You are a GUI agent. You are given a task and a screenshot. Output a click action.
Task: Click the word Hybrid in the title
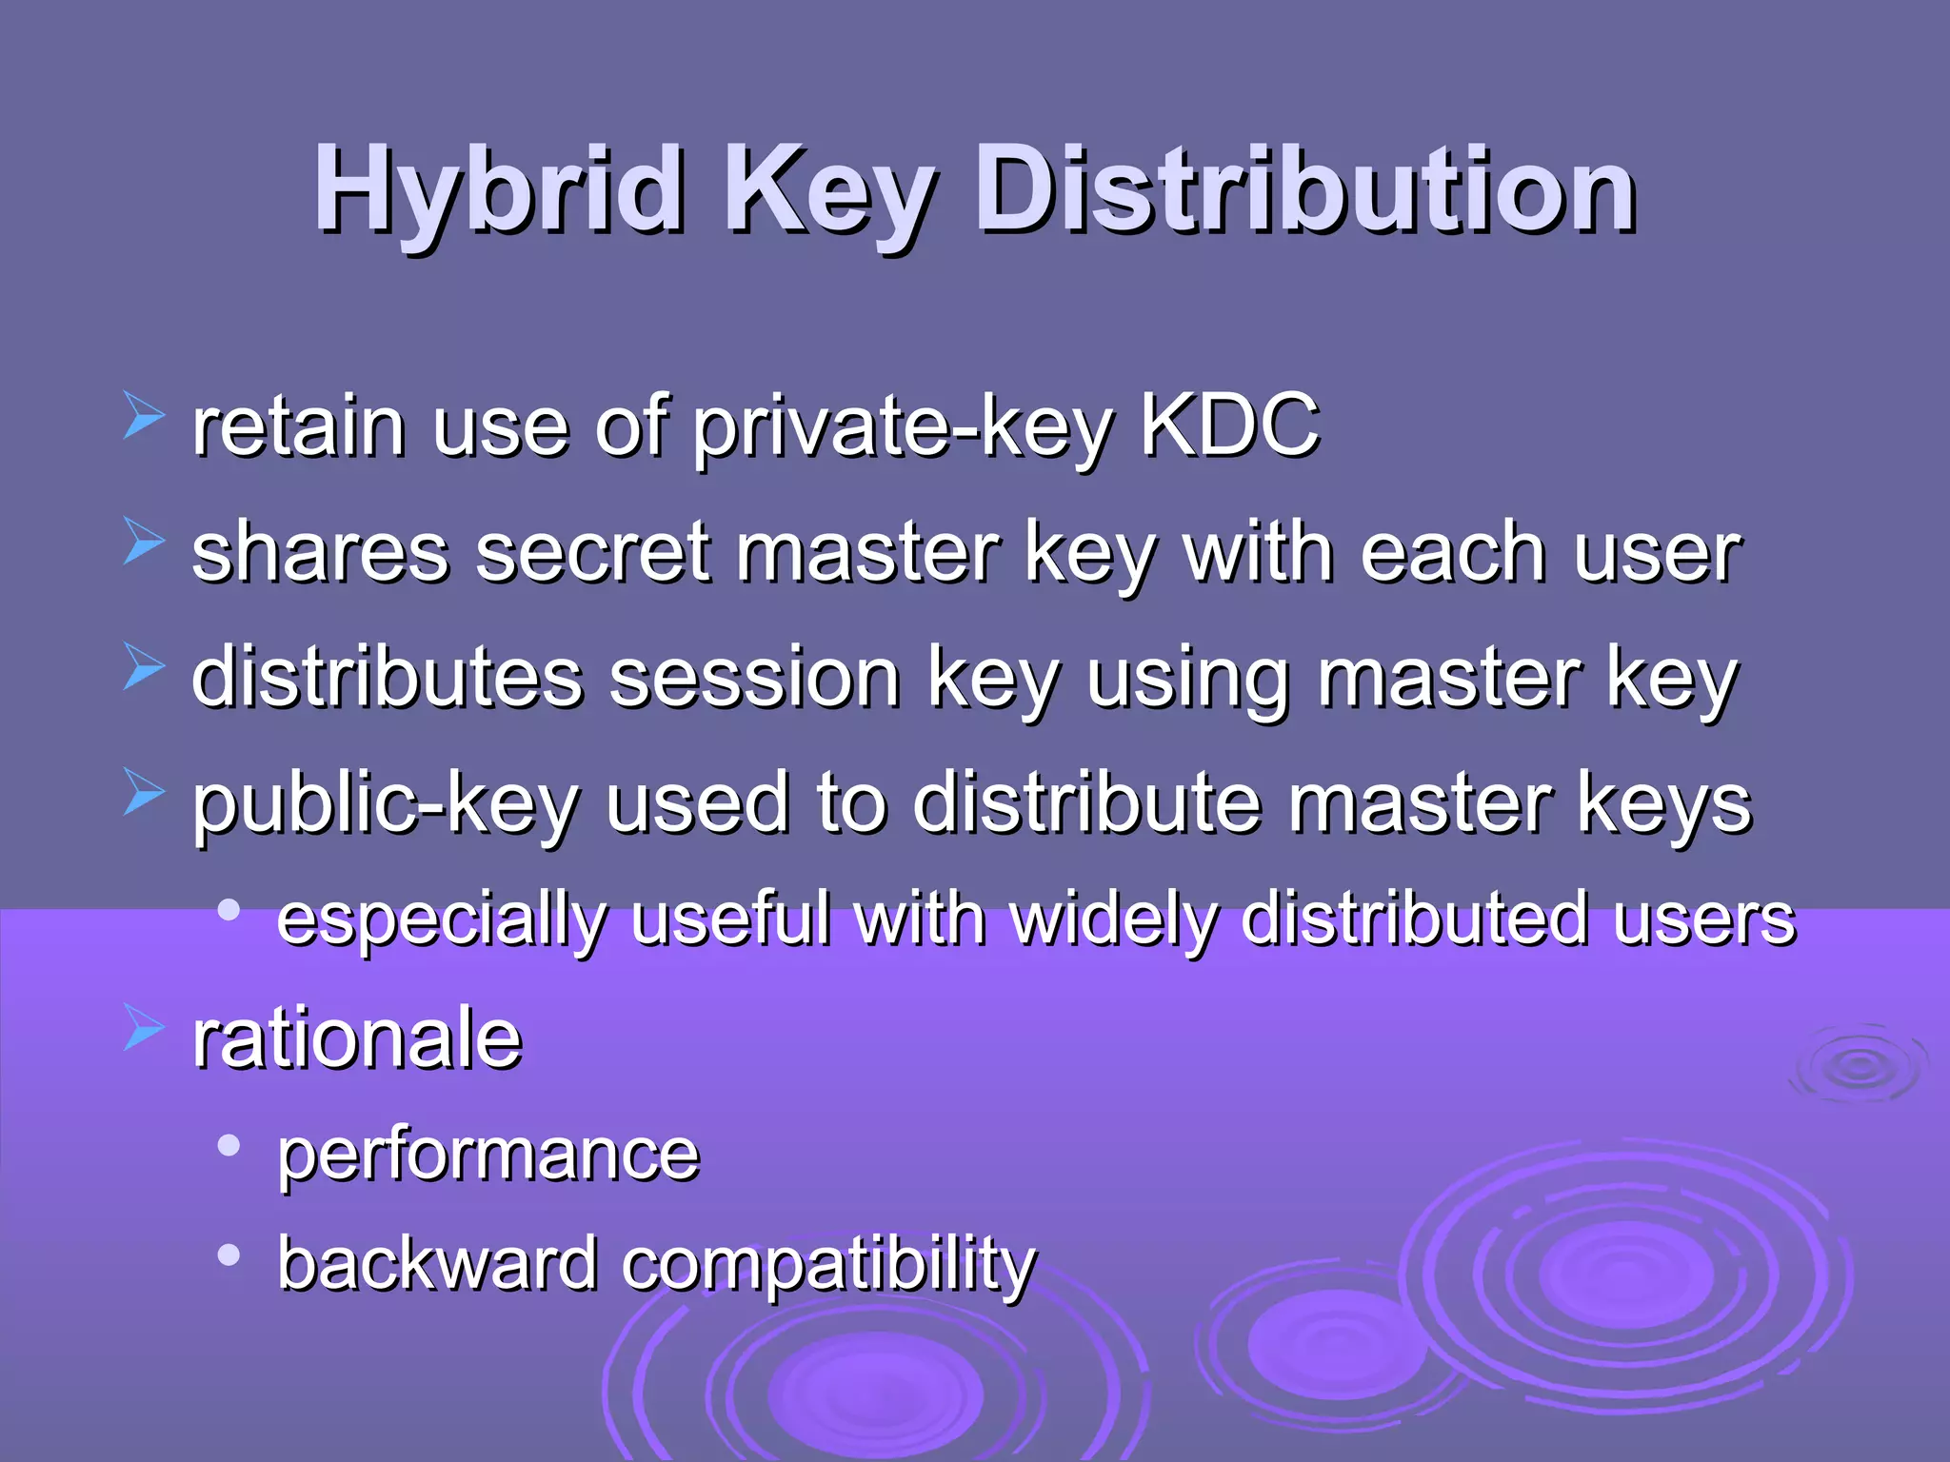click(x=498, y=190)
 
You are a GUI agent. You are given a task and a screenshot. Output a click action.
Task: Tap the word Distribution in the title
click(x=1304, y=190)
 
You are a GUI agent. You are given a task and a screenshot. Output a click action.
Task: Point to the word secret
click(x=593, y=553)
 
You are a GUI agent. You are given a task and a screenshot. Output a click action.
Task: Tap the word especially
click(x=442, y=920)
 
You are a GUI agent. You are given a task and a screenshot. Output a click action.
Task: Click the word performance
click(x=488, y=1156)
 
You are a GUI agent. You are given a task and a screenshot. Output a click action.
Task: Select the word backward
click(x=437, y=1264)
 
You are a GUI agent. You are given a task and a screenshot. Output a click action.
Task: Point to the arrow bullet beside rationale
click(x=144, y=1031)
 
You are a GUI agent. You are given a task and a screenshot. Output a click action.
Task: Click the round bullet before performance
click(x=229, y=1146)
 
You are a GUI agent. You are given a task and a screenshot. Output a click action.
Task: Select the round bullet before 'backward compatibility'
click(x=229, y=1255)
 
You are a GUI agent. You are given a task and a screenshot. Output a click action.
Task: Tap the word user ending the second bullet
click(x=1657, y=555)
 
